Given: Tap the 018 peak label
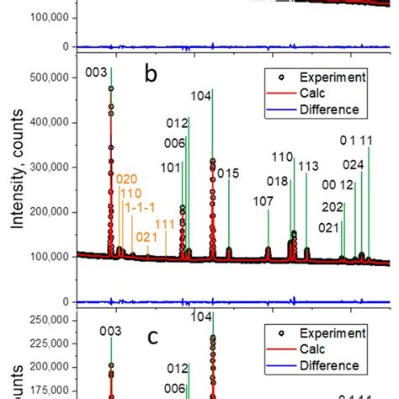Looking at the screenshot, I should tap(278, 181).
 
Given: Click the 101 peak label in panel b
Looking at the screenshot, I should tap(171, 168).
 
